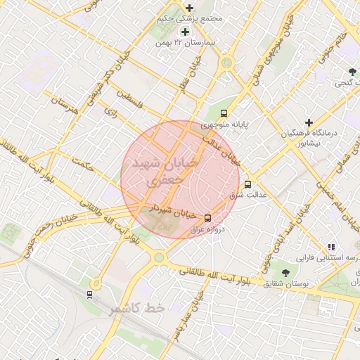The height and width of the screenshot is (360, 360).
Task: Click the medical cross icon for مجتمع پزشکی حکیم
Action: pos(189,8)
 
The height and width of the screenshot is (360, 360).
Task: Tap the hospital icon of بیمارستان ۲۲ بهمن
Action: pos(185,32)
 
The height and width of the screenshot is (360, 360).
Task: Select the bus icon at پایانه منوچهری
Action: pos(224,113)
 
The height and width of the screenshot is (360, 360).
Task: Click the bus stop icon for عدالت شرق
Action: pos(247,184)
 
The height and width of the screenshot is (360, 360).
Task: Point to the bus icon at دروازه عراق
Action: pos(207,218)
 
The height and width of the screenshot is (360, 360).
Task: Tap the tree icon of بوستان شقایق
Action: pos(285,272)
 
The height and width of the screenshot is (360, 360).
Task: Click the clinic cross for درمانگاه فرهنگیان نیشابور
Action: pos(308,122)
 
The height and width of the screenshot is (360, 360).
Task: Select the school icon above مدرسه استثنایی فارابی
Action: pos(330,247)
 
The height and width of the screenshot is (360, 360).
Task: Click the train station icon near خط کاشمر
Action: pos(89,294)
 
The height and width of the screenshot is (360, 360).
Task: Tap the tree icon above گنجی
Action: pos(353,72)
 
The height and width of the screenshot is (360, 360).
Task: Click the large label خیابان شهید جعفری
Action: pos(161,170)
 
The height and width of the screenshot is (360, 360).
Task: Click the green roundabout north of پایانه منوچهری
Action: pos(226,63)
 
